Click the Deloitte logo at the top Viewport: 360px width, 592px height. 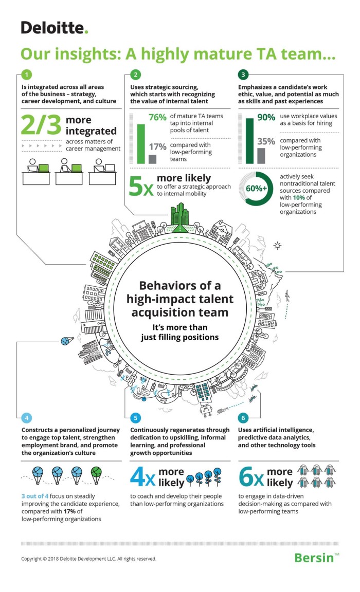(x=54, y=28)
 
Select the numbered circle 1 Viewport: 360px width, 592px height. (x=26, y=75)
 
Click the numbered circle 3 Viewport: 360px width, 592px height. (x=243, y=75)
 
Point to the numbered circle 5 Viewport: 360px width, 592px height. (x=135, y=418)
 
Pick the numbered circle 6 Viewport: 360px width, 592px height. (x=243, y=418)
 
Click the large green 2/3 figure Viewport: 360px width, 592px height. (x=41, y=124)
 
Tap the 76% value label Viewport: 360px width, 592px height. (x=157, y=117)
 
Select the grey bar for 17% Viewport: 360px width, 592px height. (x=153, y=159)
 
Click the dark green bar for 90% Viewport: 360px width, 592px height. (x=250, y=141)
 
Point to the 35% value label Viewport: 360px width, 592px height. (x=266, y=142)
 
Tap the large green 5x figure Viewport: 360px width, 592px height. (x=141, y=186)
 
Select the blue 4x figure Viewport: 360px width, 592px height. (x=142, y=477)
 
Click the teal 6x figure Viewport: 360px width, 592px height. (x=251, y=477)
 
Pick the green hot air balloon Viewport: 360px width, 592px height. (x=96, y=475)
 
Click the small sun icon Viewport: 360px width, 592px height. (x=277, y=246)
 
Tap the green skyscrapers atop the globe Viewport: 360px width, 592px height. (x=180, y=214)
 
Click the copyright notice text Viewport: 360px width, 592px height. (x=88, y=559)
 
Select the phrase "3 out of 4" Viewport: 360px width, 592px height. (x=35, y=496)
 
